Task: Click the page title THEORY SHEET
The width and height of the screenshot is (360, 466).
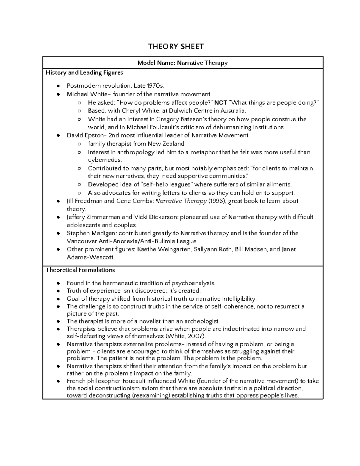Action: pyautogui.click(x=176, y=47)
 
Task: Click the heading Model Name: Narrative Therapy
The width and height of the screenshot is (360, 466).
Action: pyautogui.click(x=182, y=63)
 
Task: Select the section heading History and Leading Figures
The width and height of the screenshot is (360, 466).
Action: pyautogui.click(x=84, y=73)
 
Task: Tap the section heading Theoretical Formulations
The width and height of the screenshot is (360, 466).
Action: pyautogui.click(x=80, y=270)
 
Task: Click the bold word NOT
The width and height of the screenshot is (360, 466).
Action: pyautogui.click(x=220, y=103)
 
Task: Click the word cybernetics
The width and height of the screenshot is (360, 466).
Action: pyautogui.click(x=105, y=160)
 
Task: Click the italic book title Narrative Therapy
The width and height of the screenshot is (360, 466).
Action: pyautogui.click(x=181, y=201)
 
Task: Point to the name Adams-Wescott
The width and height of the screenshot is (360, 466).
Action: pyautogui.click(x=90, y=257)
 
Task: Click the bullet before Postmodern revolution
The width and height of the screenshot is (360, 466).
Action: pyautogui.click(x=58, y=86)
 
